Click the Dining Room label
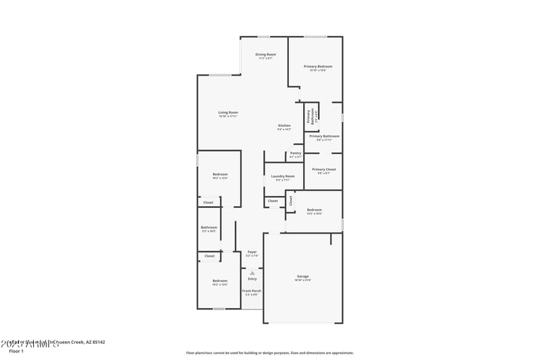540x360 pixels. pyautogui.click(x=265, y=55)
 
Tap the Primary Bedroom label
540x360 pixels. pyautogui.click(x=317, y=67)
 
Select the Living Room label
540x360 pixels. pyautogui.click(x=227, y=113)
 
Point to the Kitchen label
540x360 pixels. pyautogui.click(x=284, y=126)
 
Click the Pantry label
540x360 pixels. pyautogui.click(x=295, y=153)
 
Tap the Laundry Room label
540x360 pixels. pyautogui.click(x=283, y=177)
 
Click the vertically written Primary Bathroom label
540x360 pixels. pyautogui.click(x=310, y=116)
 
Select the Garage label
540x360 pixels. pyautogui.click(x=302, y=276)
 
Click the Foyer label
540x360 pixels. pyautogui.click(x=251, y=252)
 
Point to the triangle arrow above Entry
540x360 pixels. pyautogui.click(x=252, y=273)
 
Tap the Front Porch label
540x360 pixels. pyautogui.click(x=251, y=291)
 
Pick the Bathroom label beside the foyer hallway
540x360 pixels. pyautogui.click(x=209, y=228)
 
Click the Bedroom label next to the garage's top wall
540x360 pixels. pyautogui.click(x=314, y=210)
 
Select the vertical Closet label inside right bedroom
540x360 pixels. pyautogui.click(x=291, y=200)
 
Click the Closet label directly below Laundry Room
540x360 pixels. pyautogui.click(x=273, y=201)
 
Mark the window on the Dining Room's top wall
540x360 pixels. pyautogui.click(x=264, y=36)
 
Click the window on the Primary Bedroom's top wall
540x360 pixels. pyautogui.click(x=315, y=36)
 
